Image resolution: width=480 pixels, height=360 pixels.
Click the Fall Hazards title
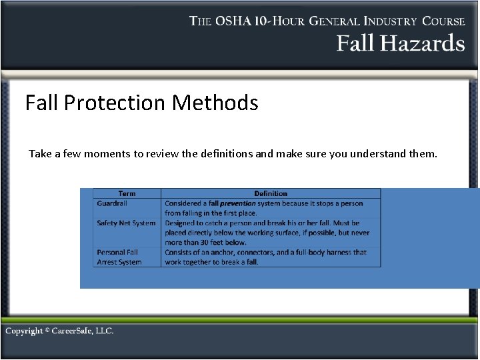pos(400,43)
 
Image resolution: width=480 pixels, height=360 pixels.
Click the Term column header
pos(127,193)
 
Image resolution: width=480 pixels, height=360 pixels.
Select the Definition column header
pos(271,193)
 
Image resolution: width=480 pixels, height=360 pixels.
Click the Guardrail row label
pos(112,203)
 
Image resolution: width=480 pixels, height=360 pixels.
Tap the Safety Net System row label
pos(126,223)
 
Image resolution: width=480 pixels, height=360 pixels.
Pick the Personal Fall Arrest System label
pos(119,257)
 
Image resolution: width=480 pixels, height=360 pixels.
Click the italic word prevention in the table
pos(238,203)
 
